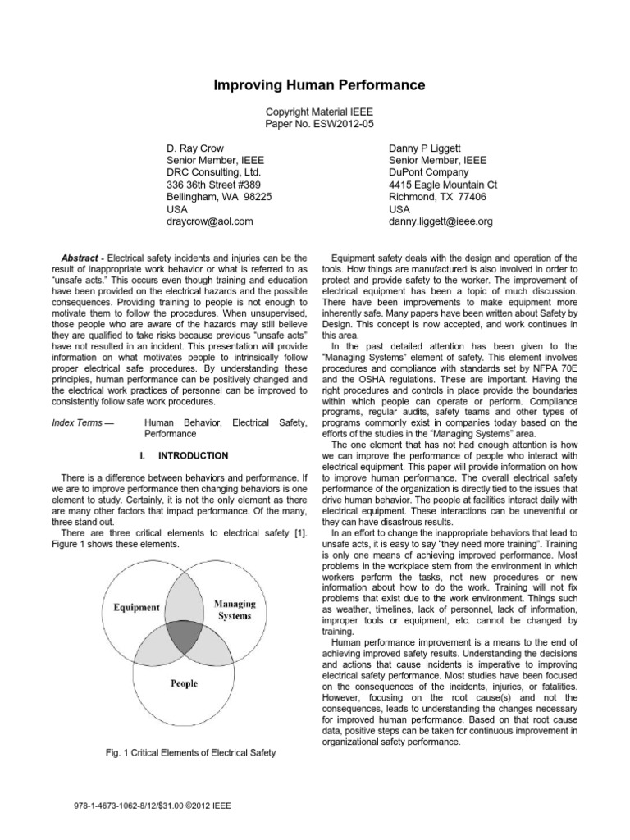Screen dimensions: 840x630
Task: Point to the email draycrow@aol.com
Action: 210,221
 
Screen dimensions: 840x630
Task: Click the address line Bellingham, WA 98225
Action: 219,197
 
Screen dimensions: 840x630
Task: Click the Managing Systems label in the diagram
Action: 235,609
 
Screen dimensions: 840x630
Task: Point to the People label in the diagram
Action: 184,682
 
